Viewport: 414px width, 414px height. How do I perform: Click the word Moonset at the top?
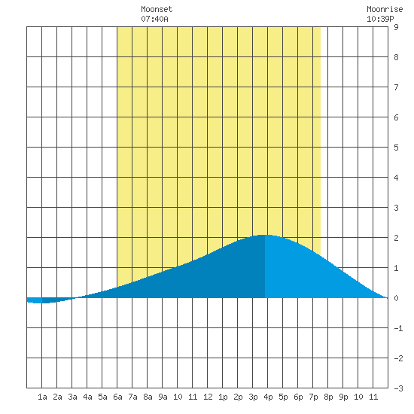(157, 9)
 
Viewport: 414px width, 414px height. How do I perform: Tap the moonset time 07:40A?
(154, 19)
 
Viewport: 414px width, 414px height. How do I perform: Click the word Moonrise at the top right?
(385, 9)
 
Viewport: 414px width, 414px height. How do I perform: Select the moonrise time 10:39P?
(380, 19)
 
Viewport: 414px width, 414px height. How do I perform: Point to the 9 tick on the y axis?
(396, 27)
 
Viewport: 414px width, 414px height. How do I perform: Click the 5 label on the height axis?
(396, 148)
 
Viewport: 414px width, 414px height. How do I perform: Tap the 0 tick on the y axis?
(396, 298)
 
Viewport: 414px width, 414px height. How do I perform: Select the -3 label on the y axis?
(398, 388)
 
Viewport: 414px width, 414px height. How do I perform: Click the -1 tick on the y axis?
(398, 328)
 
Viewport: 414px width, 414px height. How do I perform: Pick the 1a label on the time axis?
(42, 397)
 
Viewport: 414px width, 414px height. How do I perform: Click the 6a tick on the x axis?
(117, 397)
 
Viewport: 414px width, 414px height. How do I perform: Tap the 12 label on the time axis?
(208, 397)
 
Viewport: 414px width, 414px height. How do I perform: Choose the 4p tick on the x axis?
(268, 397)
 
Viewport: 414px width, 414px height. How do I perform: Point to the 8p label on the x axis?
(328, 397)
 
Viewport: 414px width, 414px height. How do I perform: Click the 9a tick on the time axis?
(163, 397)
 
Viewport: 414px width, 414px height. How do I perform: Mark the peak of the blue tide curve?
(265, 235)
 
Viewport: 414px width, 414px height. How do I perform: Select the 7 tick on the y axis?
(396, 87)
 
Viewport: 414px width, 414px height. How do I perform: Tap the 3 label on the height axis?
(396, 208)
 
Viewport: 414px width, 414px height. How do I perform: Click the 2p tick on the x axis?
(238, 397)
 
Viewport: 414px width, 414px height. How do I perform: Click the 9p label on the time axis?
(343, 397)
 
